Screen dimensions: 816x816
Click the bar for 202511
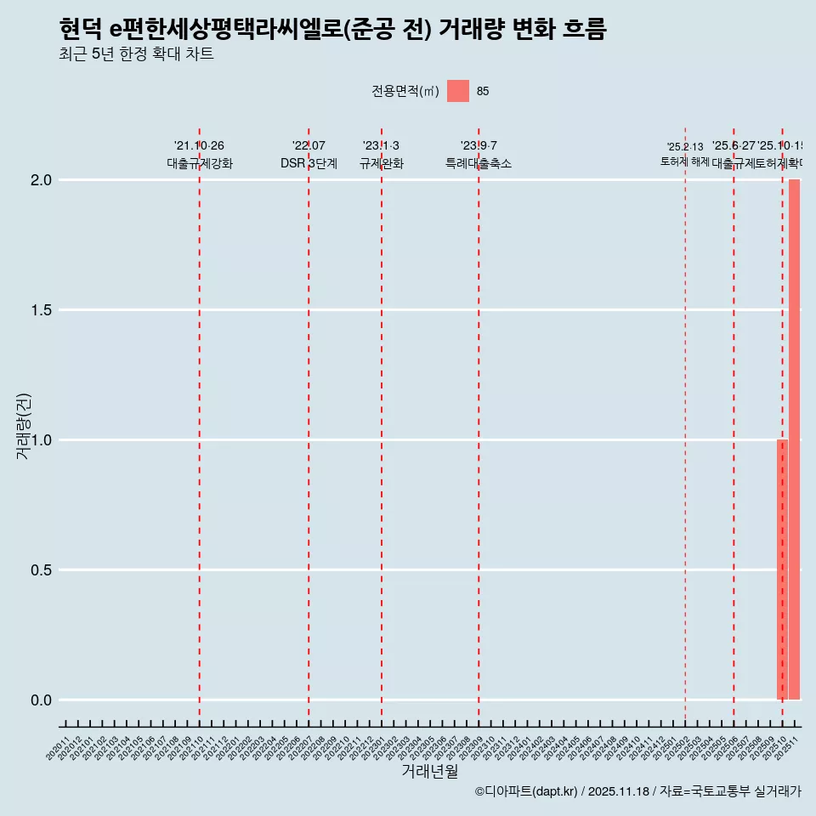(x=794, y=439)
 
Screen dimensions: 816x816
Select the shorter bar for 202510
(x=782, y=569)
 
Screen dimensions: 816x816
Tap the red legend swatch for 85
(x=458, y=91)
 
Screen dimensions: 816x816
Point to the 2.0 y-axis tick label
(x=42, y=180)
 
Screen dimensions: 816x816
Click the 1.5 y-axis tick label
(x=42, y=310)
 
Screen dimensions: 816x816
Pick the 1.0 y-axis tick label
(x=42, y=440)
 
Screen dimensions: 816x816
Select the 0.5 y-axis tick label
(x=42, y=570)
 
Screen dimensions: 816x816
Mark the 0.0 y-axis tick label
(x=42, y=700)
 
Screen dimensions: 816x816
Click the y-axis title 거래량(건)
(x=24, y=426)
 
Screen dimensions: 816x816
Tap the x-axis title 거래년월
(x=429, y=772)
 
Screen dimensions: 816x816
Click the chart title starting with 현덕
(x=332, y=30)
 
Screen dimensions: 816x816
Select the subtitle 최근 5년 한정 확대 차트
(x=136, y=54)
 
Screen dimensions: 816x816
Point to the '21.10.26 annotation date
(x=199, y=146)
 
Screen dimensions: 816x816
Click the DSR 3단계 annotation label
(x=309, y=163)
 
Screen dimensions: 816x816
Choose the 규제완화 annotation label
(x=381, y=163)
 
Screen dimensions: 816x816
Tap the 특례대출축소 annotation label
(x=479, y=163)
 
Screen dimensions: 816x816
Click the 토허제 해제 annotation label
(x=684, y=161)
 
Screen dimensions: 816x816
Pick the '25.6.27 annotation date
(x=734, y=146)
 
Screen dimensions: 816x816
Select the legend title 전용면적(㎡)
(x=405, y=92)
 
